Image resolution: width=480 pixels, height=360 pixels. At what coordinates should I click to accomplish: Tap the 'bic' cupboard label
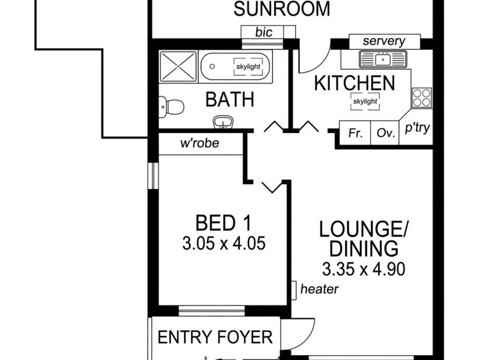[x=264, y=32]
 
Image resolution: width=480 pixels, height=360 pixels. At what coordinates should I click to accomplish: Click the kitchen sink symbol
[x=383, y=59]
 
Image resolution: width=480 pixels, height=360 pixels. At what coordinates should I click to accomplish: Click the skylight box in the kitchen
[x=365, y=101]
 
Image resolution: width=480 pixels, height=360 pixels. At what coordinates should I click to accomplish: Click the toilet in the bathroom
[x=170, y=109]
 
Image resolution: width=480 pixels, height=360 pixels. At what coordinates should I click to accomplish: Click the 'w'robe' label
[x=200, y=143]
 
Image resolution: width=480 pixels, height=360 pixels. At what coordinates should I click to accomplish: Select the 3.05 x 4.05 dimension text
[x=223, y=244]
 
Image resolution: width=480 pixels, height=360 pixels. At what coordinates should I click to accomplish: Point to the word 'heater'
[x=319, y=289]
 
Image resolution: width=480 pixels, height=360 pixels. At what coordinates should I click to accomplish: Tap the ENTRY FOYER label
[x=215, y=337]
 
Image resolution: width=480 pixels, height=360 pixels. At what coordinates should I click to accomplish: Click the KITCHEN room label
[x=355, y=83]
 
